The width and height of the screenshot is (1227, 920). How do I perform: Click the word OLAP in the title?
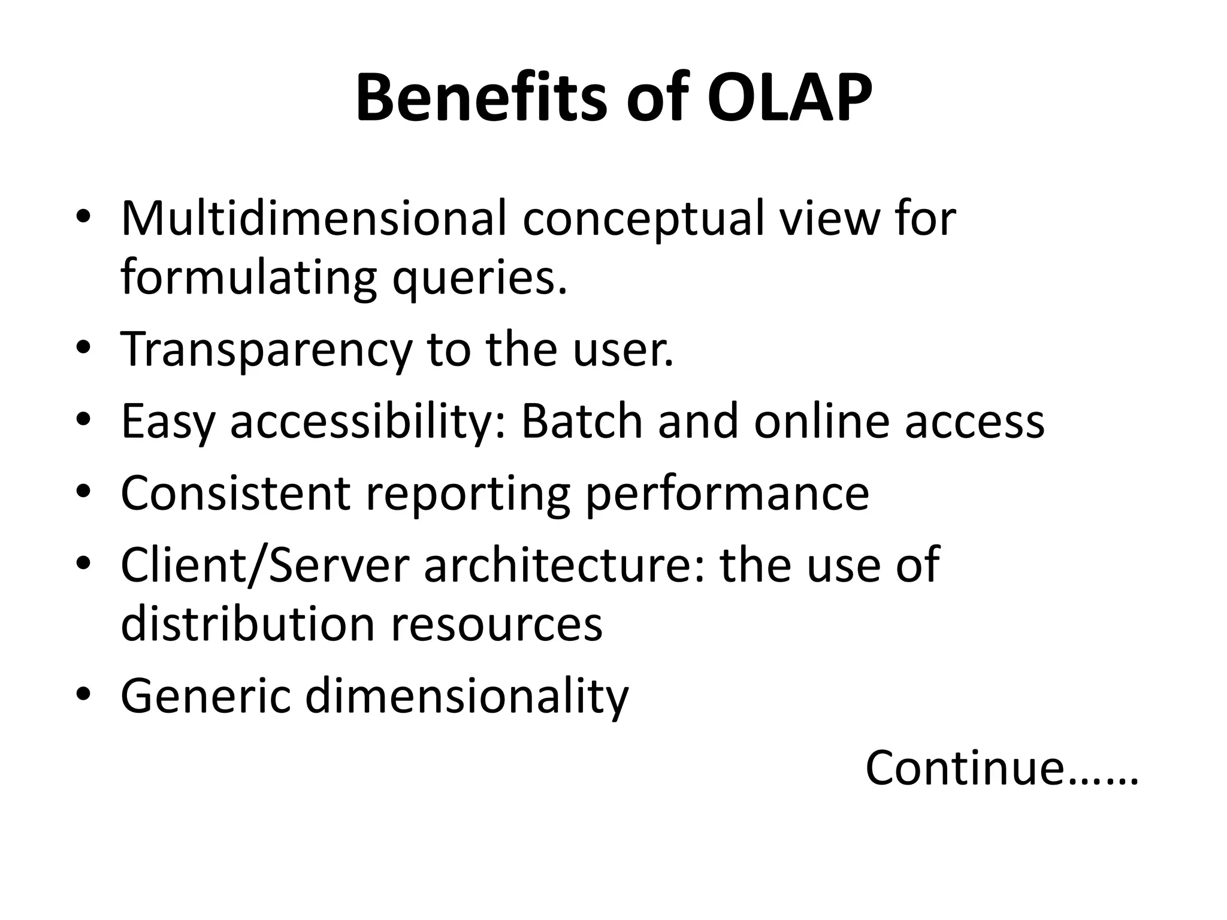coord(789,98)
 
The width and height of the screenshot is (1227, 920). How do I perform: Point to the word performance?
coord(727,495)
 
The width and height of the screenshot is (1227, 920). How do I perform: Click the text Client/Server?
coord(265,565)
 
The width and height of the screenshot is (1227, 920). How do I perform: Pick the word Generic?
coord(205,696)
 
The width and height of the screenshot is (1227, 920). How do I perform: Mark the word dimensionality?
coord(467,697)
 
